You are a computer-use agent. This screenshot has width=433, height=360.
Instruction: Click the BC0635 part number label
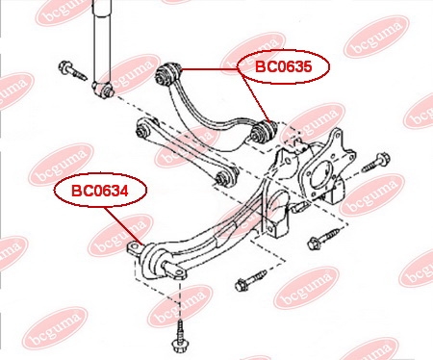pos(283,66)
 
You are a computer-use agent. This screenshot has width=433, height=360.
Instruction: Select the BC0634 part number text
pos(100,191)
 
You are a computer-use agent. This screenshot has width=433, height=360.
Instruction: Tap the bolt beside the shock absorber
pos(72,70)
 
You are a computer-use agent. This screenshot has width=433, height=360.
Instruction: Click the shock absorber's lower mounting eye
pos(103,90)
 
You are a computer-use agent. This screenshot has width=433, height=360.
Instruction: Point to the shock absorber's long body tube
pos(102,41)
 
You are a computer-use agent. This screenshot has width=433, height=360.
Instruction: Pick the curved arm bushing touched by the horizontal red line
pos(168,74)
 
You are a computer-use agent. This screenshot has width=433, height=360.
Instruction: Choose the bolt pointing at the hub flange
pos(376,163)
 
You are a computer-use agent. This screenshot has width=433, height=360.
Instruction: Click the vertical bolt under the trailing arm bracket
pos(179,334)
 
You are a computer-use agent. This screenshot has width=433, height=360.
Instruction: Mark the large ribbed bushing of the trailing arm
pos(155,261)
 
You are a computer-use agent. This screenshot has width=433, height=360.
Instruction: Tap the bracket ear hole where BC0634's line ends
pos(134,247)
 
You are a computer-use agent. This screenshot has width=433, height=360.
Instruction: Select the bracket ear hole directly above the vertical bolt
pos(178,273)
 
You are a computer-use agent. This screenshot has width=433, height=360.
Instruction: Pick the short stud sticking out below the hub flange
pos(295,208)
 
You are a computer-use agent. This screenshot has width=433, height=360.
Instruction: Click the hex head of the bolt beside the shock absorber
pos(64,66)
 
